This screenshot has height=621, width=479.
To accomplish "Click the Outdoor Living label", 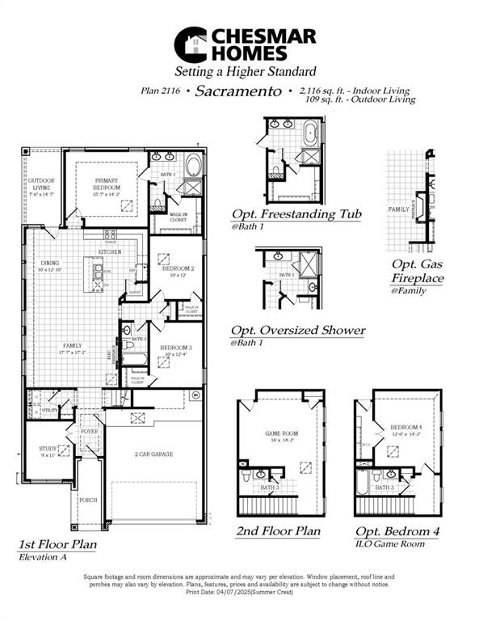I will pyautogui.click(x=42, y=184).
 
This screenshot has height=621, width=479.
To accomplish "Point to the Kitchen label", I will pyautogui.click(x=111, y=252).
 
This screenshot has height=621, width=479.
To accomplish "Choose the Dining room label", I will pyautogui.click(x=50, y=264).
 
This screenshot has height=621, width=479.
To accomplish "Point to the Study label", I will pyautogui.click(x=48, y=449).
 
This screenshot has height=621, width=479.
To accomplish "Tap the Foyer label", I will pyautogui.click(x=89, y=432).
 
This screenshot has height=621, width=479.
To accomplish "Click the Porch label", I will pyautogui.click(x=88, y=500).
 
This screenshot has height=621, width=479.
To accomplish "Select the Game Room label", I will pyautogui.click(x=282, y=433).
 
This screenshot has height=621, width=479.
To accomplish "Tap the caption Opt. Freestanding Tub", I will pyautogui.click(x=296, y=214).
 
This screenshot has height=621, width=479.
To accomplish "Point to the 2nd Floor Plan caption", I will pyautogui.click(x=278, y=531).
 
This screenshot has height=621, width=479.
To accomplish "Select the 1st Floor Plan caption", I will pyautogui.click(x=57, y=544).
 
